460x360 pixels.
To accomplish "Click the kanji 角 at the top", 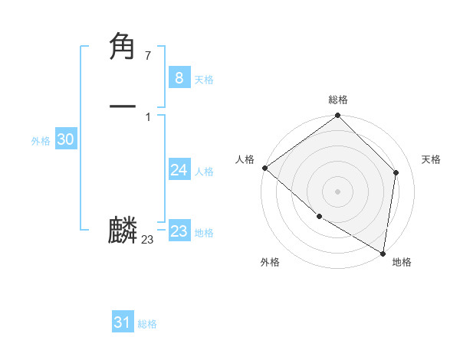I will (123, 47).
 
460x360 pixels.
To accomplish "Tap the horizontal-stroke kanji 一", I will (123, 106).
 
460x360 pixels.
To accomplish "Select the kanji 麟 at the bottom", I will (123, 231).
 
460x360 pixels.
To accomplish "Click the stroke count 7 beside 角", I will (147, 55).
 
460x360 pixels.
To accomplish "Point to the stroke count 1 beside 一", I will (147, 116).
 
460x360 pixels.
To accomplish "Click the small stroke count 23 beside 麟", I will (147, 240).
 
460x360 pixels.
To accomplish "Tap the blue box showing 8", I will (179, 77).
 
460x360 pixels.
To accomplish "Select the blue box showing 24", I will (179, 169).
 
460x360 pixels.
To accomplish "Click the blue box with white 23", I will (179, 231).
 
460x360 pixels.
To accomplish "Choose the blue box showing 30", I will (65, 139).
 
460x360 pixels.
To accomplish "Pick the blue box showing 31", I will (122, 322).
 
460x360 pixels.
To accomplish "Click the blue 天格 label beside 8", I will (204, 80).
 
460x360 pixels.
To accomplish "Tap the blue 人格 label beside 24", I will (204, 172).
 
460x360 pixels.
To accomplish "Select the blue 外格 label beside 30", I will (41, 141).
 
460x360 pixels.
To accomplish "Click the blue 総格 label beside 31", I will (147, 325).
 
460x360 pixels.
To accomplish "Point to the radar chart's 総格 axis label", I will (338, 100).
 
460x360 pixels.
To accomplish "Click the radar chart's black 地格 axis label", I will (402, 262).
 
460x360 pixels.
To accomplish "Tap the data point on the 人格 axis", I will (264, 168).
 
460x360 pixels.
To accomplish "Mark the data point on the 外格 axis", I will (319, 217).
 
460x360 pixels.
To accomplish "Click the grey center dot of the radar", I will (338, 191).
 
